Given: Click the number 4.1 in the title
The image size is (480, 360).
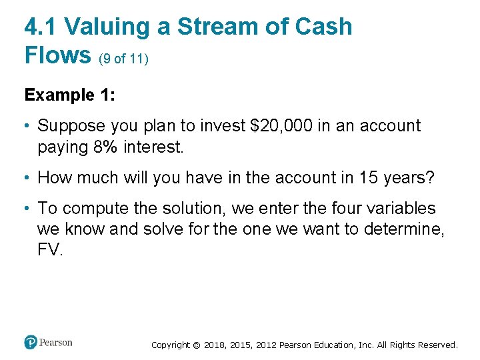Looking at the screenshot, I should tap(41, 27).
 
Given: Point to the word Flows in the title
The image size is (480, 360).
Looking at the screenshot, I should tap(57, 55).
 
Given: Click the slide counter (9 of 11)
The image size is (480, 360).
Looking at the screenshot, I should tap(123, 59).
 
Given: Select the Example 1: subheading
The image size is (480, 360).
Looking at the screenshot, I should tap(70, 95).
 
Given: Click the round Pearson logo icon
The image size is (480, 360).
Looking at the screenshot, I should tap(31, 342).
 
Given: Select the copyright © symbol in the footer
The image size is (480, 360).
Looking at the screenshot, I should tap(196, 345).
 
